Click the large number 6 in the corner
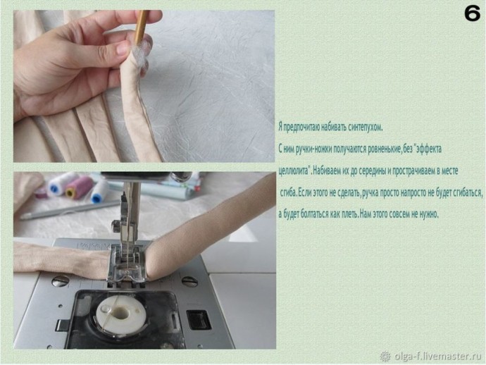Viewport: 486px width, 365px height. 472,13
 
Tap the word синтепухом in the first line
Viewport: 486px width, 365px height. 366,127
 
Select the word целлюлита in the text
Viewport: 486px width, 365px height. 294,171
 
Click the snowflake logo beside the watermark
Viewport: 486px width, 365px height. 385,357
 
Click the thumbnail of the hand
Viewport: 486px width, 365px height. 122,49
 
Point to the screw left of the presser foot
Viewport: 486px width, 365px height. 60,282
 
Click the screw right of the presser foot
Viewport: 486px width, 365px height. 189,281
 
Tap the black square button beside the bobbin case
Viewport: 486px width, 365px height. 199,320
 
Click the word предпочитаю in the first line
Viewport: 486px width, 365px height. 300,127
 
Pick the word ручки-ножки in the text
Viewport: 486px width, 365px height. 314,149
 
